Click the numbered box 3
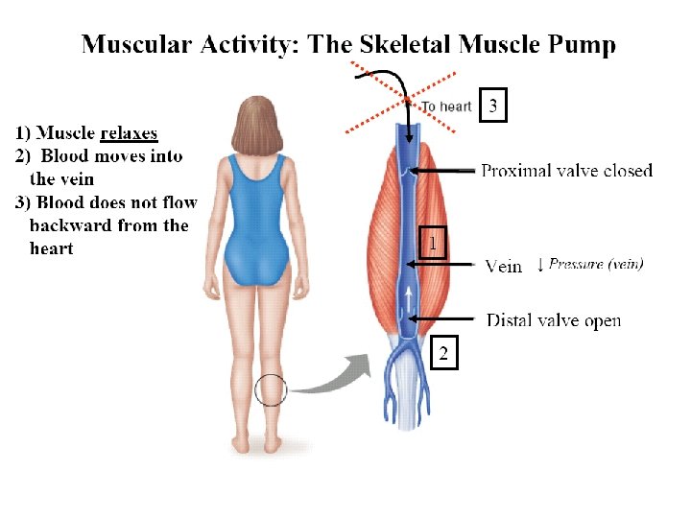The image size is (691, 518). pyautogui.click(x=492, y=105)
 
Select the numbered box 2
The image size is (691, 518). pyautogui.click(x=442, y=354)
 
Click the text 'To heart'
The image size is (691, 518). pyautogui.click(x=446, y=106)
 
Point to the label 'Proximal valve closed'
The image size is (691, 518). pyautogui.click(x=566, y=171)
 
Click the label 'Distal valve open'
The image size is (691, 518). pyautogui.click(x=554, y=320)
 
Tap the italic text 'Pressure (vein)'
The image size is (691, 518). pyautogui.click(x=596, y=264)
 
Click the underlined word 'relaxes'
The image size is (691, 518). pyautogui.click(x=129, y=133)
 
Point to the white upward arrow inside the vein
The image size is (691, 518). pyautogui.click(x=412, y=298)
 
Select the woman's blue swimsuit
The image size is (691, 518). pyautogui.click(x=255, y=221)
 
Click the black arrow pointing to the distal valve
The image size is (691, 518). pyautogui.click(x=441, y=318)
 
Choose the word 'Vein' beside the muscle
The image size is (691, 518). pyautogui.click(x=504, y=267)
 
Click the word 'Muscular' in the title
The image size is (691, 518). pyautogui.click(x=138, y=44)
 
